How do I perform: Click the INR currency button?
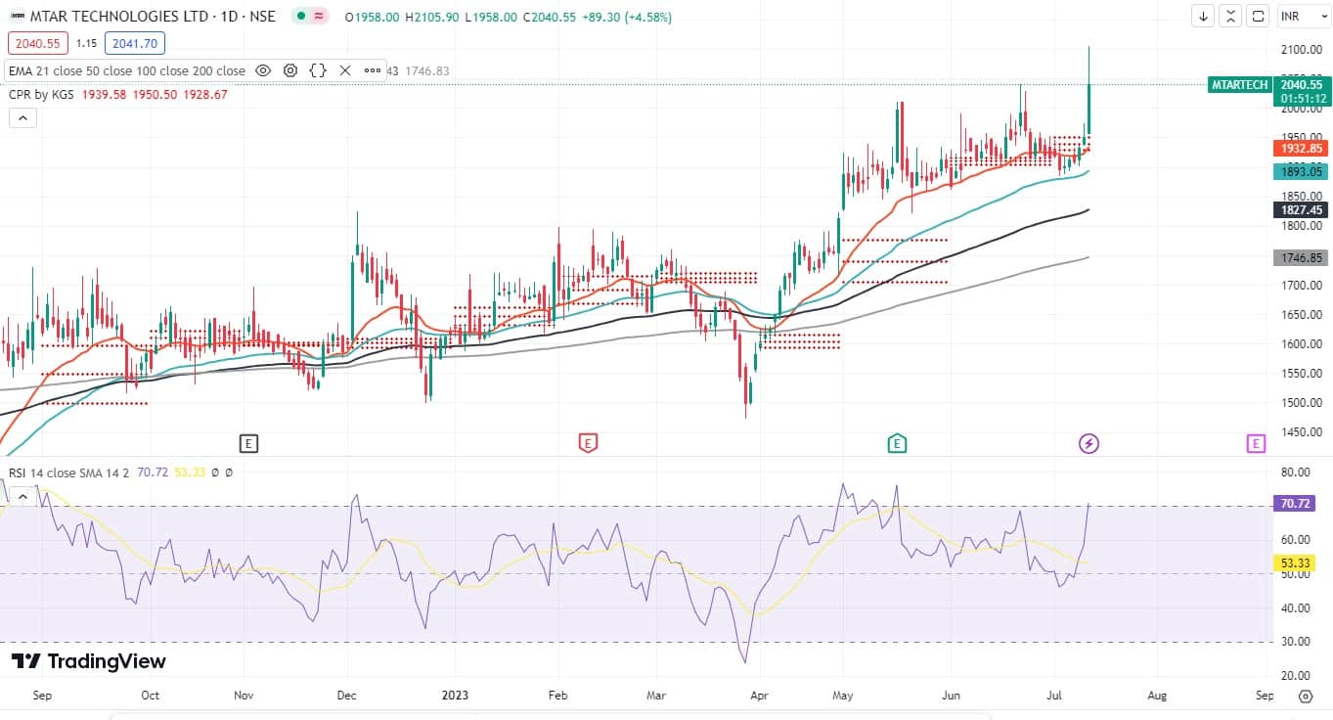1296,16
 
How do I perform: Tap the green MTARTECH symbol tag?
1238,85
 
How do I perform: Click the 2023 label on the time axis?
455,696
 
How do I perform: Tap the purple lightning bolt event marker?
1089,444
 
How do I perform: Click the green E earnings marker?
897,444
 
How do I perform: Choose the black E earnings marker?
248,444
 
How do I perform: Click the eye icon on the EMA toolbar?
263,70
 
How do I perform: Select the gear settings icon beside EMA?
290,70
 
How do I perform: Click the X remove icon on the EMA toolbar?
345,70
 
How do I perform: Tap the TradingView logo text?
89,661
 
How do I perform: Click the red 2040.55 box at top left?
37,43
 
